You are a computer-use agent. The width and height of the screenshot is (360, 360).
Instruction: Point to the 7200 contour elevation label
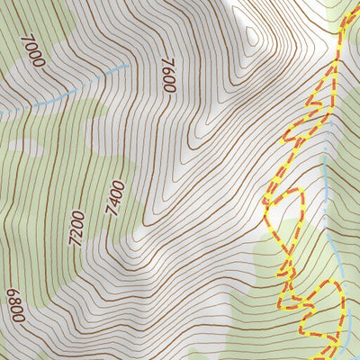tap(77, 226)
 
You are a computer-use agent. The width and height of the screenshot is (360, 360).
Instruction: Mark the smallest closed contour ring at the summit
tap(251, 38)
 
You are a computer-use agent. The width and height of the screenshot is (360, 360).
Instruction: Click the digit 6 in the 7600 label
tap(168, 70)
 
